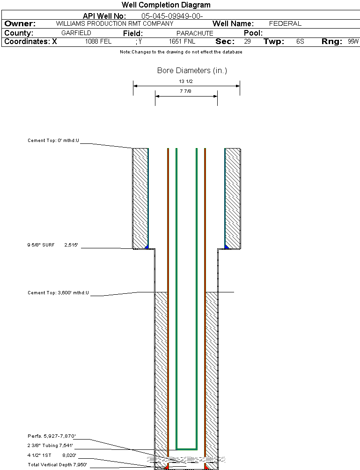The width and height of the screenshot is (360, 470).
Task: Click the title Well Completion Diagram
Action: click(x=166, y=5)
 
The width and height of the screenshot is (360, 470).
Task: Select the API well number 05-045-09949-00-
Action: click(x=172, y=16)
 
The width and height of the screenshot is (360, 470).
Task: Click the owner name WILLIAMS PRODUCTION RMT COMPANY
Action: click(x=114, y=23)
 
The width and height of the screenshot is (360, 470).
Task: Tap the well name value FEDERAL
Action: click(x=285, y=23)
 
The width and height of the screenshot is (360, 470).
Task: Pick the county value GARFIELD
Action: click(x=76, y=33)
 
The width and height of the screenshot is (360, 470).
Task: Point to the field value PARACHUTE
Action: click(x=195, y=33)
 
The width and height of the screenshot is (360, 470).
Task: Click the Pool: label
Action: click(x=253, y=33)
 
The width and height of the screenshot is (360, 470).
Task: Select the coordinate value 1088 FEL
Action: click(x=98, y=42)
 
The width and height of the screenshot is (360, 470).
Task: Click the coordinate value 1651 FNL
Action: click(x=182, y=42)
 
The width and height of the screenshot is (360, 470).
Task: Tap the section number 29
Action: click(x=247, y=42)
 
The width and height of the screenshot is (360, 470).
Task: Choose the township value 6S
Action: click(x=300, y=42)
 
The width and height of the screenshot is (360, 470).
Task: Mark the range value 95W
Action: click(x=353, y=42)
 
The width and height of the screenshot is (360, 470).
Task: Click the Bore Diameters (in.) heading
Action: click(x=192, y=71)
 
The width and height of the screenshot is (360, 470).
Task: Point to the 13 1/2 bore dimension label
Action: click(x=186, y=82)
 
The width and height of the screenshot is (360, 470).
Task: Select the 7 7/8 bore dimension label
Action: click(x=186, y=91)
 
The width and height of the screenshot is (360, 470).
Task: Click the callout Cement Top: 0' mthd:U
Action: click(x=53, y=141)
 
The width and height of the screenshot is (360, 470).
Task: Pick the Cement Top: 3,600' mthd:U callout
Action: click(x=58, y=293)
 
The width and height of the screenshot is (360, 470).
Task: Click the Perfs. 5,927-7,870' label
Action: click(x=51, y=436)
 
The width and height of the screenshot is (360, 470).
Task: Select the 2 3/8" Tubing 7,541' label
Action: click(x=50, y=446)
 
